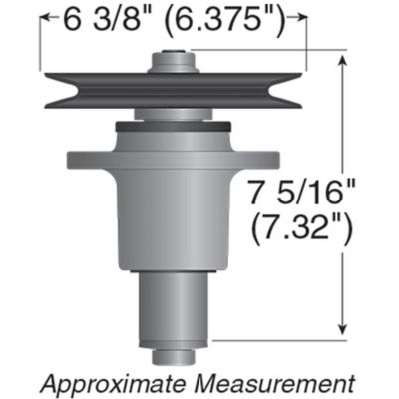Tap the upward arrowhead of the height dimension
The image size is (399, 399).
344,61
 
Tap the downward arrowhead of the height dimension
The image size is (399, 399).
344,332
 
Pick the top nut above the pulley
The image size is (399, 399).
172,62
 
